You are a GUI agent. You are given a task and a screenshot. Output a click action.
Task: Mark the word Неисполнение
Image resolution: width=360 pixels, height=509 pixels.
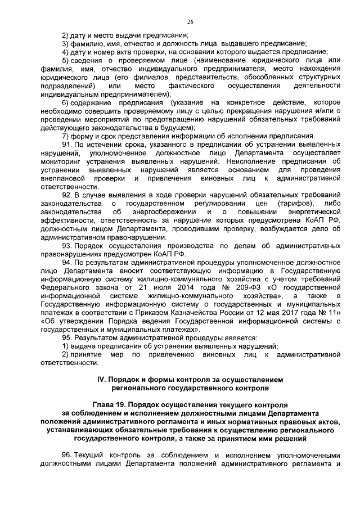click(x=260, y=160)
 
